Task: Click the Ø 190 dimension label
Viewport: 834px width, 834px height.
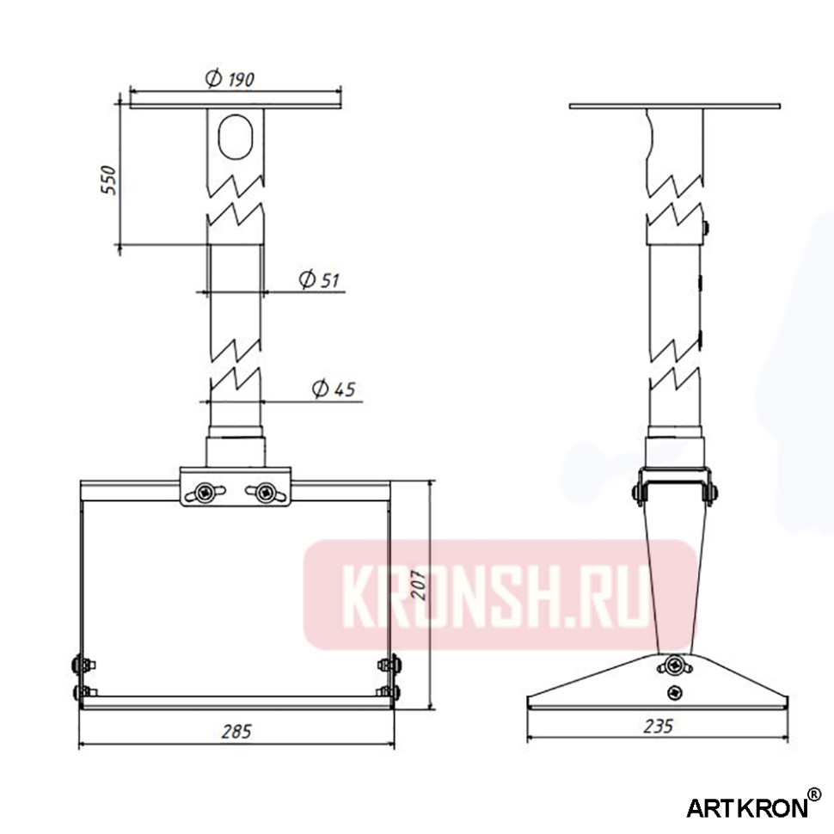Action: [230, 80]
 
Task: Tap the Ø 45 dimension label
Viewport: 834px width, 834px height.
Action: [334, 389]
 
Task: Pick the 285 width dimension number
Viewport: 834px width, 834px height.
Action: [236, 732]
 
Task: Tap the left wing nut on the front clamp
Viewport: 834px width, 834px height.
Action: [206, 492]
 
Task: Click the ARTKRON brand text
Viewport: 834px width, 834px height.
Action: [746, 807]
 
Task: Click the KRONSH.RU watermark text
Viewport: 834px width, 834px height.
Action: [496, 594]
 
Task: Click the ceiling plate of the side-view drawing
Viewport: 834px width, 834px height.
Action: [674, 107]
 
